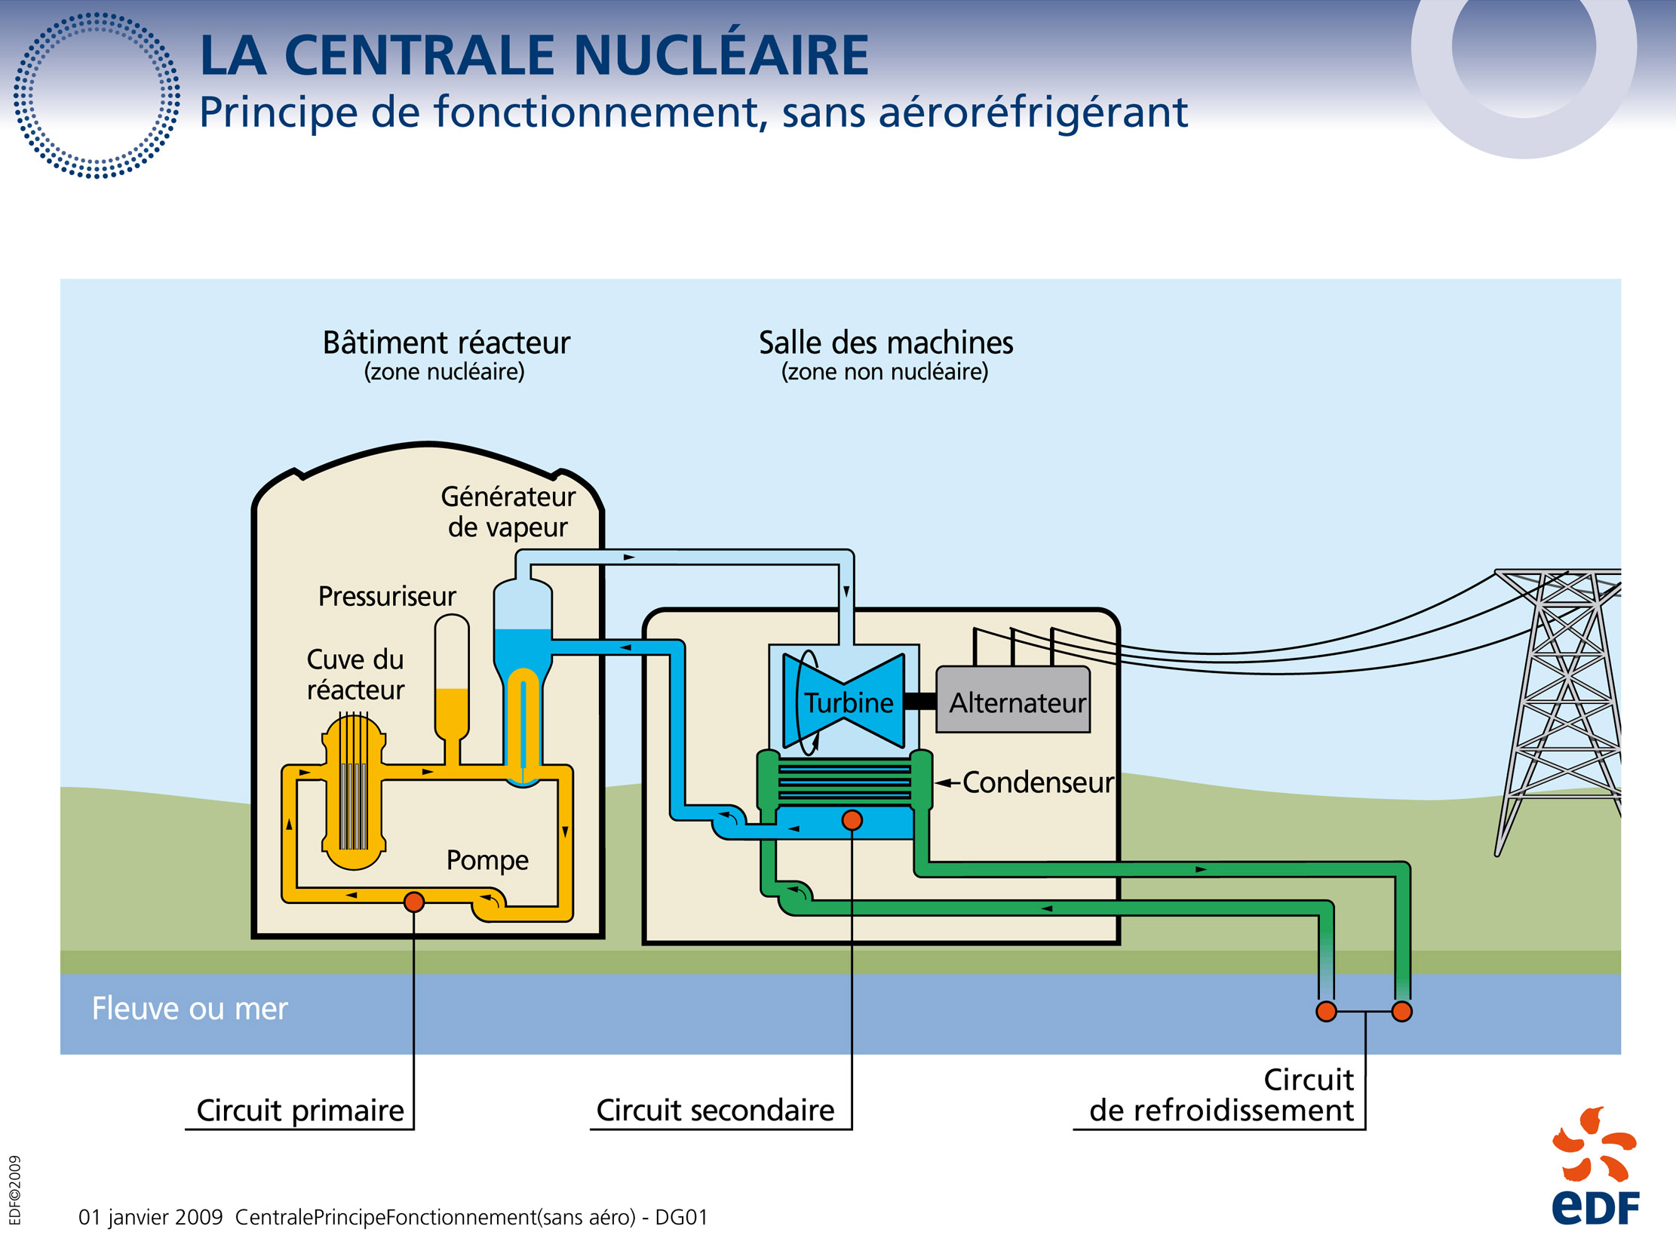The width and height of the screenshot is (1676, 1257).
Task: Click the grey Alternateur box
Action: tap(1012, 699)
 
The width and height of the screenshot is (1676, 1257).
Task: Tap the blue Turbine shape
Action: tap(844, 702)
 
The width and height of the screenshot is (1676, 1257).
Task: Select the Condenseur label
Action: tap(1037, 782)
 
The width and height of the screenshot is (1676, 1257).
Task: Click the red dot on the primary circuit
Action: tap(413, 902)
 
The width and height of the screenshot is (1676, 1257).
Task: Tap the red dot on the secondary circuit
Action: tap(852, 820)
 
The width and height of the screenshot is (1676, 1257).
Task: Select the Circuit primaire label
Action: tap(300, 1110)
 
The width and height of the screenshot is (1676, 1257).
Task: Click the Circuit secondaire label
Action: tap(714, 1110)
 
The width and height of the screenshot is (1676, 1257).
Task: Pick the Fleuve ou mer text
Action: tap(189, 1009)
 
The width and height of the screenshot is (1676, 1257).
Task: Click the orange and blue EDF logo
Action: tap(1595, 1166)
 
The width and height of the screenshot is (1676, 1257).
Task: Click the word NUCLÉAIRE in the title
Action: tap(720, 55)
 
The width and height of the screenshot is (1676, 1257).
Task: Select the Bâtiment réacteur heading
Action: tap(446, 343)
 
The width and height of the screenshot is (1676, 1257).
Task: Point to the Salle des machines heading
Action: tap(885, 343)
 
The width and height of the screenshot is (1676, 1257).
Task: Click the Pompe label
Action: tap(487, 860)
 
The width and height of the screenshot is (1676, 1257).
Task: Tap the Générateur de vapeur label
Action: tap(508, 512)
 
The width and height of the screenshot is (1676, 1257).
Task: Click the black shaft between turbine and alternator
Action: tap(919, 702)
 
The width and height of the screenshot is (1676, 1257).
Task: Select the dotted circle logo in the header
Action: tap(97, 96)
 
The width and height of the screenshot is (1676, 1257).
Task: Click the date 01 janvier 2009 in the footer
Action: tap(151, 1217)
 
